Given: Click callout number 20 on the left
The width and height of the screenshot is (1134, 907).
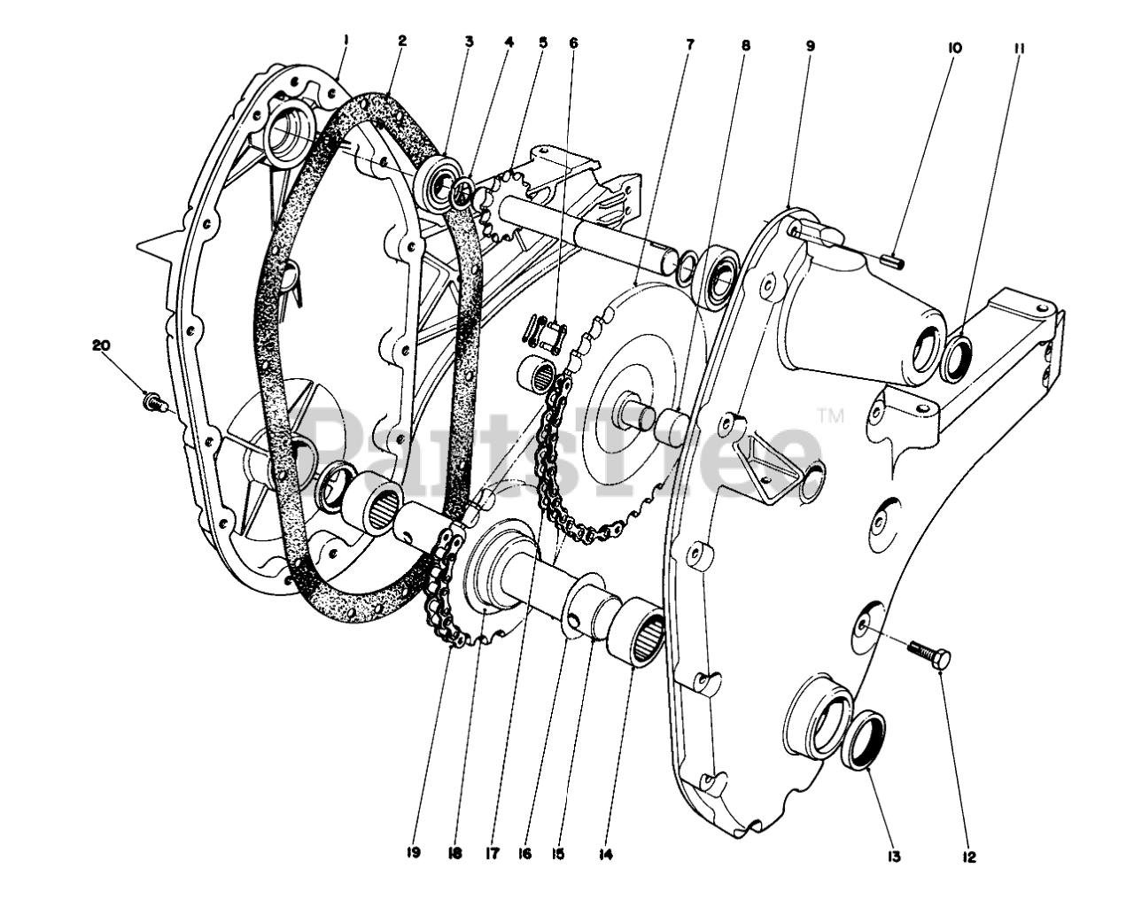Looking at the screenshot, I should point(101,346).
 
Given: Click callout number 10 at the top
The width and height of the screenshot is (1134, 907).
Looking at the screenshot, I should point(954,48).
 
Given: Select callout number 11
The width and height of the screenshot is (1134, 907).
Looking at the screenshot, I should point(1018,48).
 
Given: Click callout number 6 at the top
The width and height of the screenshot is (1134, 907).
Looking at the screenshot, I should point(572,42).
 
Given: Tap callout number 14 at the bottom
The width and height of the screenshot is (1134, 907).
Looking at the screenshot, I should point(606,855).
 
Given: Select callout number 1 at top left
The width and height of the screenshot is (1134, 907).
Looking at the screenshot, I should point(346,39).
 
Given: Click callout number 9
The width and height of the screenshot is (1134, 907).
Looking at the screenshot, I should point(810,44).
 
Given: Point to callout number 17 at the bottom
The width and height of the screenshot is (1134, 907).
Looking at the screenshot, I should point(493,854).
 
